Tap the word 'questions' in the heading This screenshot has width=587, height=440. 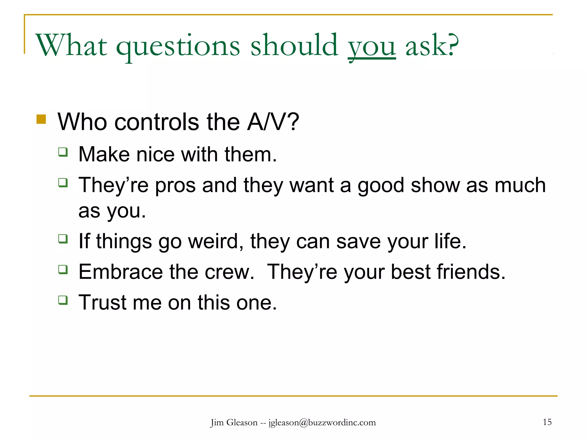(178, 46)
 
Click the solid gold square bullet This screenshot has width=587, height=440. (41, 119)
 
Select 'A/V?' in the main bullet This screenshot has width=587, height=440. (273, 122)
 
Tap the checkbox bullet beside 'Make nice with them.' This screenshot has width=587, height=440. (63, 152)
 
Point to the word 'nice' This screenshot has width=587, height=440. (155, 154)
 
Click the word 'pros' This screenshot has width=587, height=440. (175, 185)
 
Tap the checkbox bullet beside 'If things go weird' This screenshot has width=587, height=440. (63, 239)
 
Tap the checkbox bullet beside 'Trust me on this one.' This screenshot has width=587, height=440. (63, 300)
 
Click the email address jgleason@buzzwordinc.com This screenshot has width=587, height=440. (322, 423)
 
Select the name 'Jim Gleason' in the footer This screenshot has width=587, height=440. (234, 423)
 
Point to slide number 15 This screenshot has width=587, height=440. (547, 422)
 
